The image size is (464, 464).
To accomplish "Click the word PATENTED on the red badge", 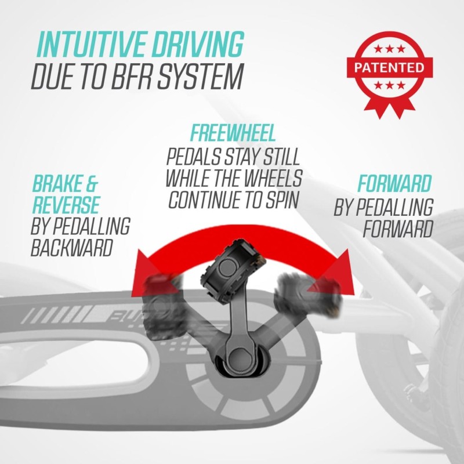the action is click(x=389, y=67).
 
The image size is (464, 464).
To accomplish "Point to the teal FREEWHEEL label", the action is click(x=233, y=133).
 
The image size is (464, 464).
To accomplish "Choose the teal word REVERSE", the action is click(x=66, y=205).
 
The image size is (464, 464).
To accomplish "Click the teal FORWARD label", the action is click(x=394, y=183).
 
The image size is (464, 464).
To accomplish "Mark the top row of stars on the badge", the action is click(x=389, y=49).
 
